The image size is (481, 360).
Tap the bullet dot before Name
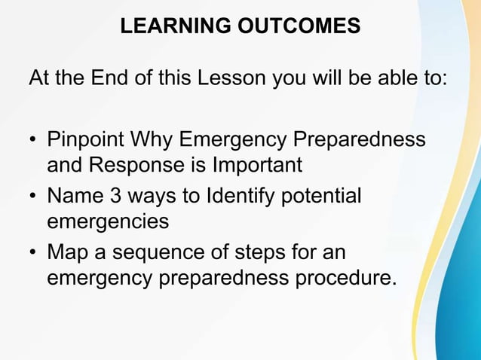click(33, 197)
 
